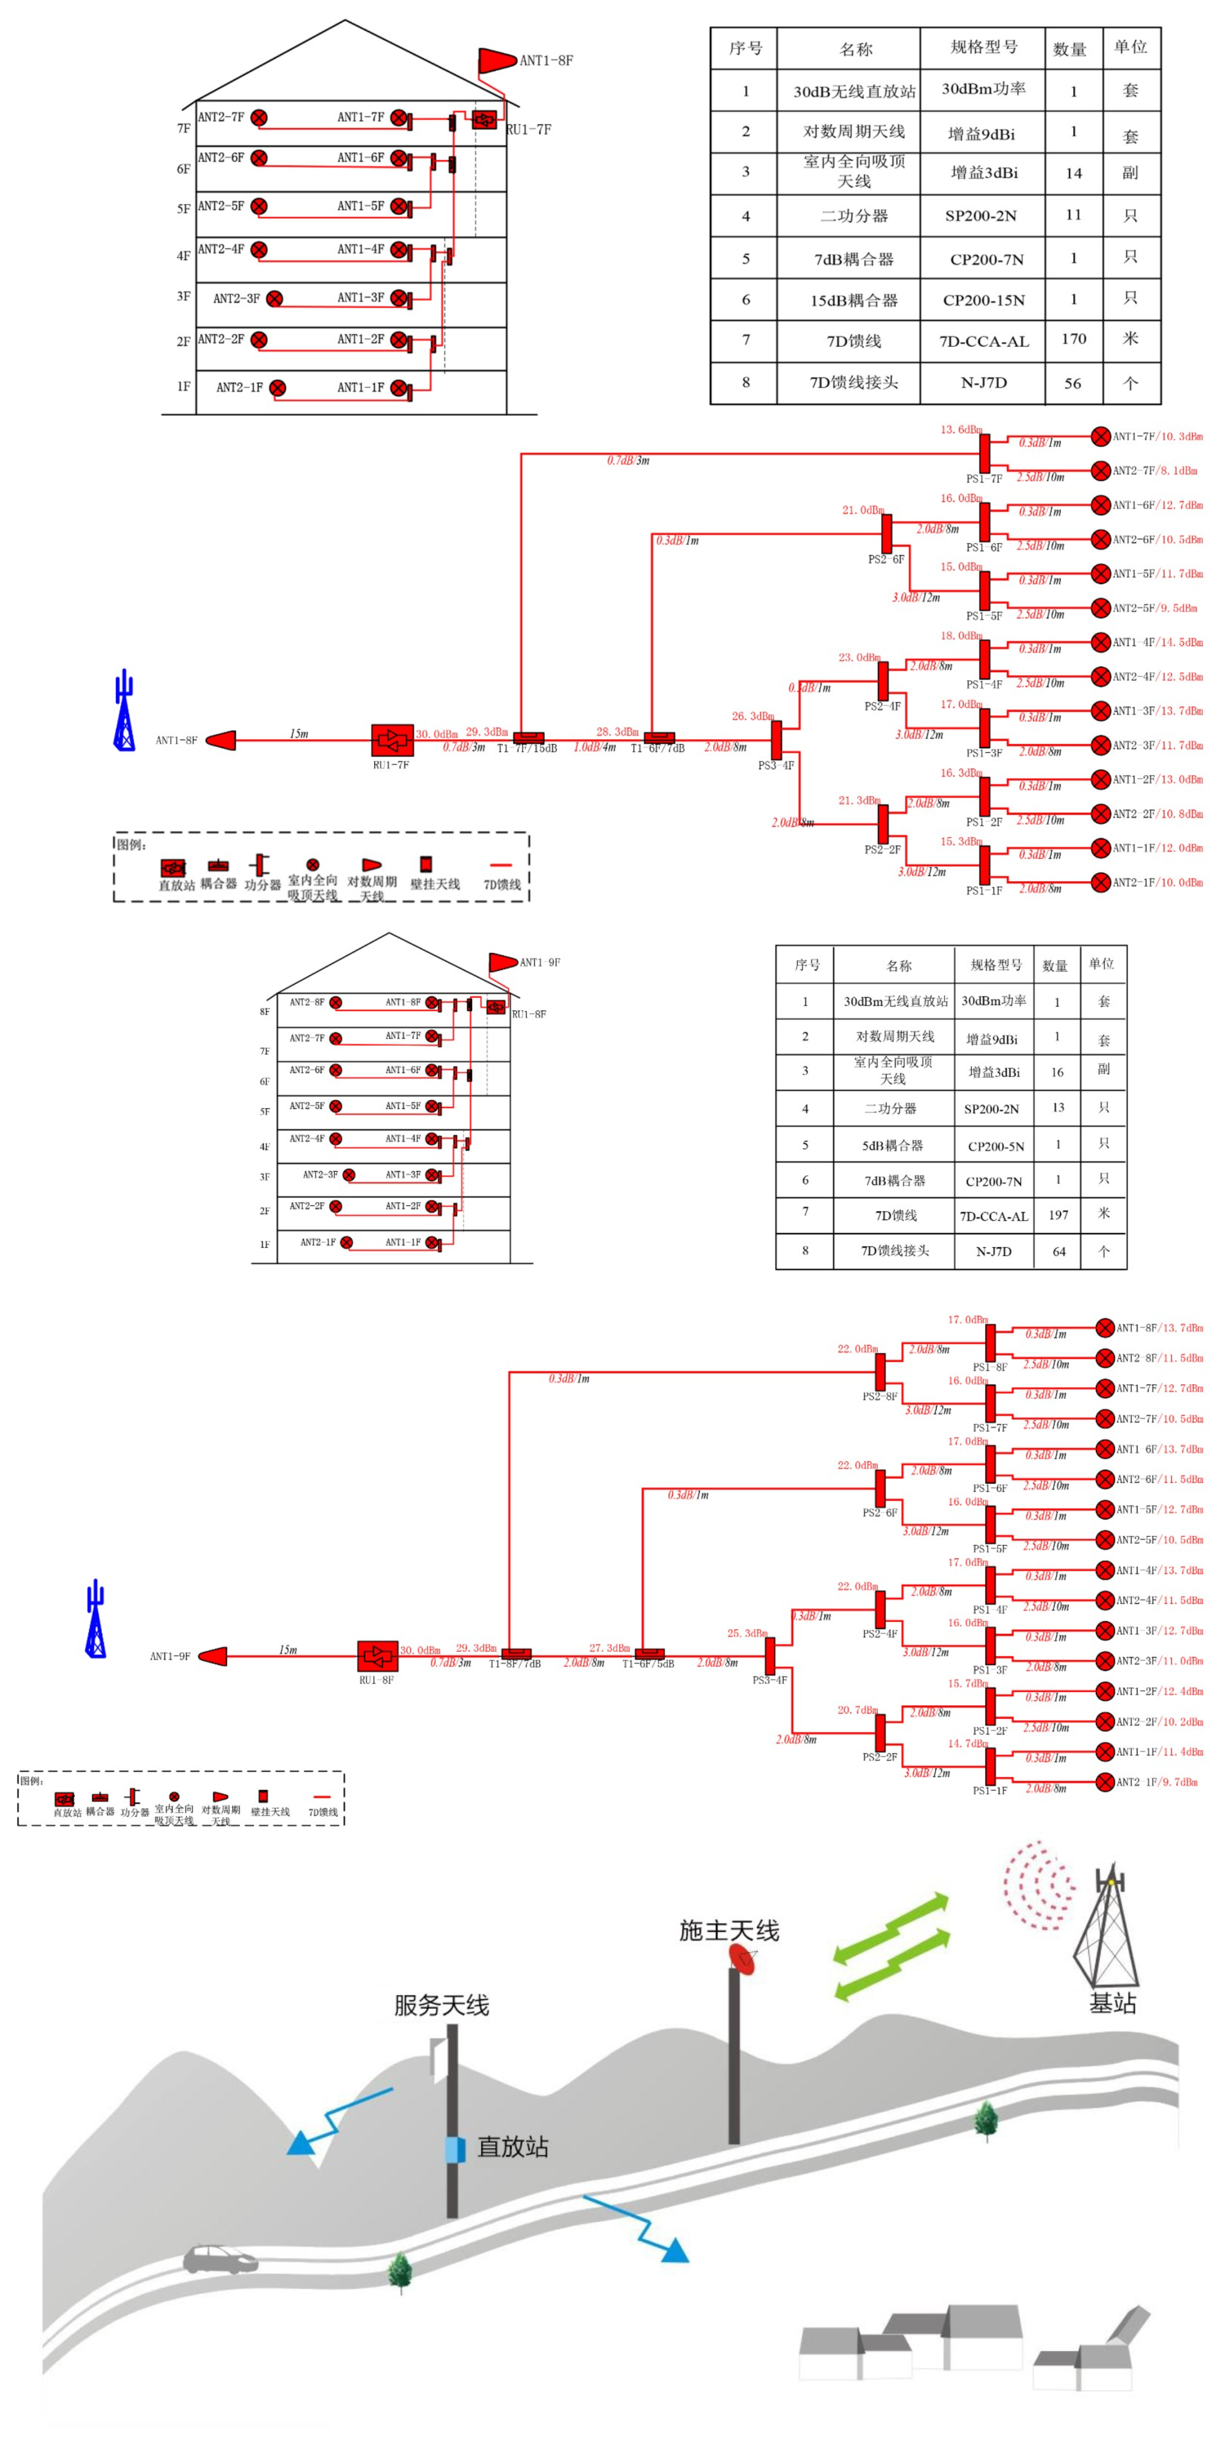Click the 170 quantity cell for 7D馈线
[x=1074, y=339]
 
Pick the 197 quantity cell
[x=1058, y=1214]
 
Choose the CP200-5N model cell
[x=995, y=1146]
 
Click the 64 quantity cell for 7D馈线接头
[x=1058, y=1251]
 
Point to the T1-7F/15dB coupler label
[x=527, y=748]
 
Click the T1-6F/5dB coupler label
[x=648, y=1663]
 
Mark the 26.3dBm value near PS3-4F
[x=752, y=716]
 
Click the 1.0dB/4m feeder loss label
[x=594, y=748]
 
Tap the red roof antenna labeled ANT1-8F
[x=496, y=60]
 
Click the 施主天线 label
[x=729, y=1930]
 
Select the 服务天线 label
[x=441, y=2005]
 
